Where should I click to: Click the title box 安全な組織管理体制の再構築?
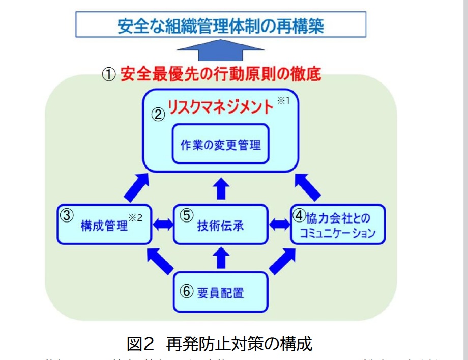221,24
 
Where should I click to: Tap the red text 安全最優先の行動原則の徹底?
221,74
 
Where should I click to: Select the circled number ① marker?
109,75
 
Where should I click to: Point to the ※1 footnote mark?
283,101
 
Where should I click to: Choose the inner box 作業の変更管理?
220,144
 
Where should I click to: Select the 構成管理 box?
104,225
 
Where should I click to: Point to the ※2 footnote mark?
136,218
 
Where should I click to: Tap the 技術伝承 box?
220,225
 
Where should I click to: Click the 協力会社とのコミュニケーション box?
338,225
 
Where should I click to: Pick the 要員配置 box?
220,292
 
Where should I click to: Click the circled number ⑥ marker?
187,291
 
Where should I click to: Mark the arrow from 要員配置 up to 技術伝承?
220,258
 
